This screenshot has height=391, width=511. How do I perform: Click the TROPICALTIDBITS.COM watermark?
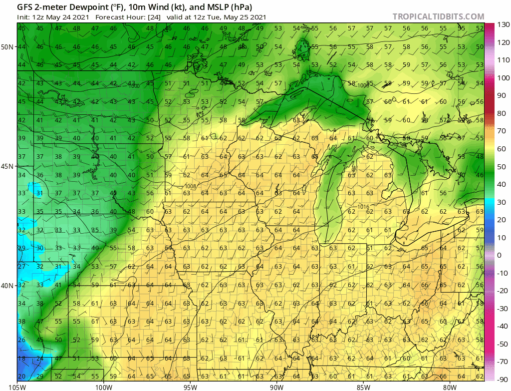click(438, 16)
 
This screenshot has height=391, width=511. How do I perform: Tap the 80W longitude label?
click(450, 386)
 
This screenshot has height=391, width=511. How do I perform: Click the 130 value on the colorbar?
click(502, 24)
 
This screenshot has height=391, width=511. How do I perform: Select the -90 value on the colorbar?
click(502, 379)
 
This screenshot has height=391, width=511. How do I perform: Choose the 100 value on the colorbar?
click(502, 78)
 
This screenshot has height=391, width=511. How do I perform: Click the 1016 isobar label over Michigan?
click(365, 206)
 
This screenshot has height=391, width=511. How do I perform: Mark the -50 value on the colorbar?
click(502, 326)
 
